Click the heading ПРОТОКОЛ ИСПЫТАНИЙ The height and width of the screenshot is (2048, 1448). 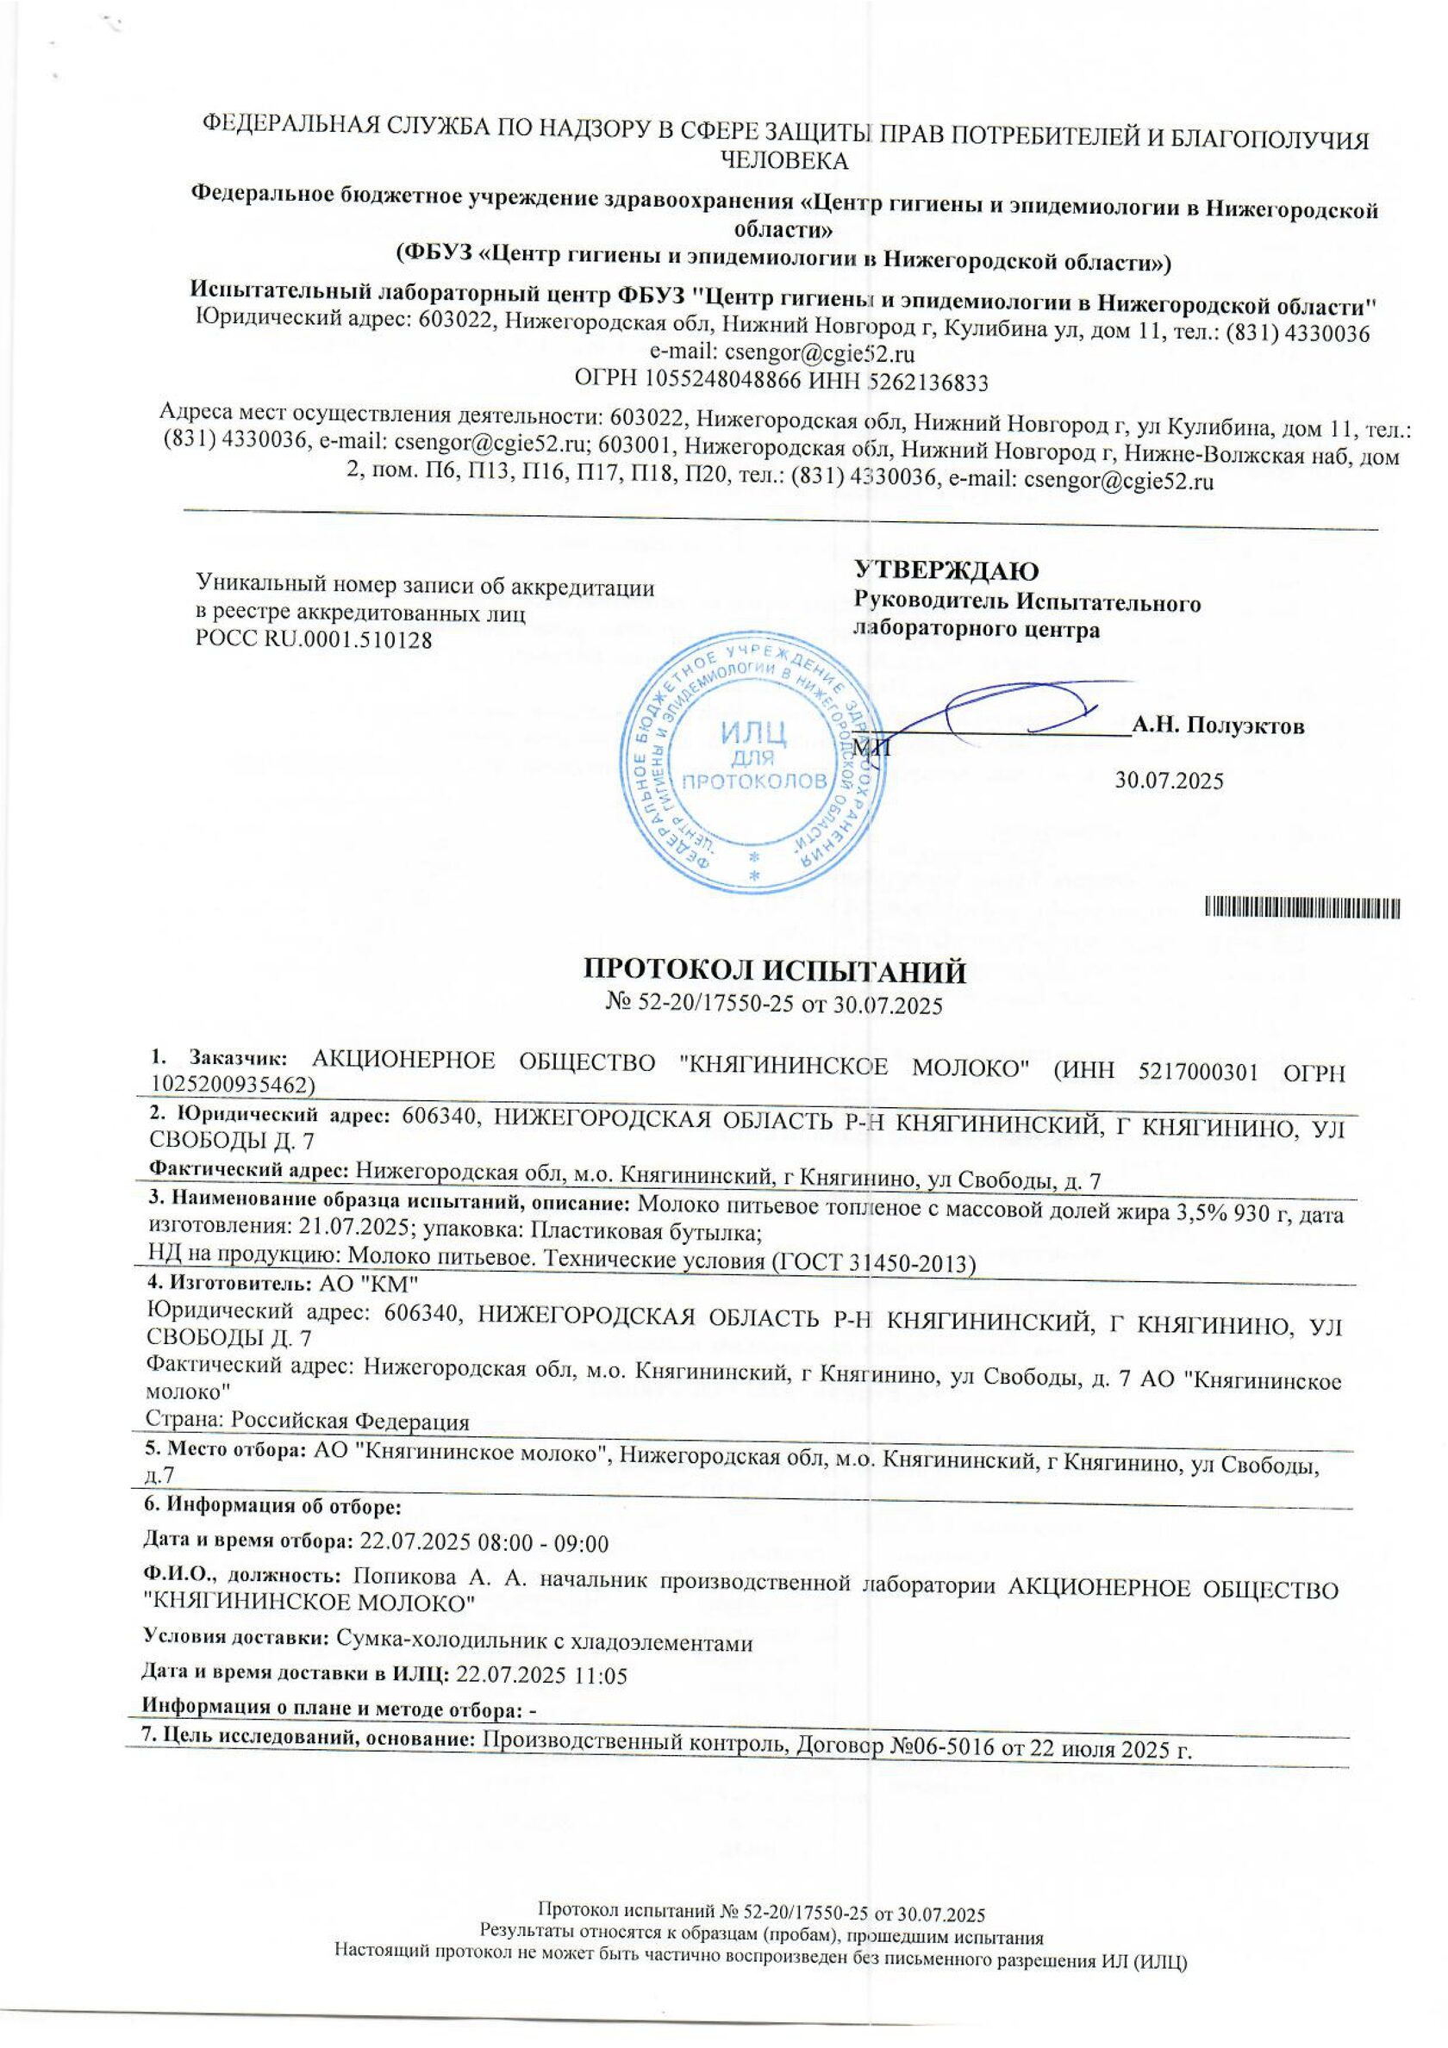click(x=773, y=970)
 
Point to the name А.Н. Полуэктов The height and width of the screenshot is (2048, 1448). click(x=1218, y=726)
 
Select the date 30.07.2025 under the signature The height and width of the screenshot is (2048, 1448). click(x=1170, y=781)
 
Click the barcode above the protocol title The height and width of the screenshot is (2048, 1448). click(x=1302, y=909)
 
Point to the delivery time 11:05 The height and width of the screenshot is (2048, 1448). click(x=602, y=1675)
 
